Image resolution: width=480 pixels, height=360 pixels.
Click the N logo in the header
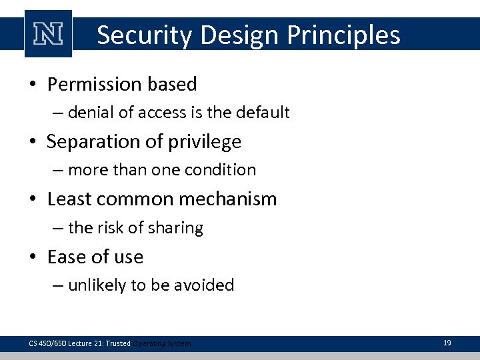[48, 34]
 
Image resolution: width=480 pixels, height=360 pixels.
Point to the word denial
[91, 113]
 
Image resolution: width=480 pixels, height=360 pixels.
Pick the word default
[263, 113]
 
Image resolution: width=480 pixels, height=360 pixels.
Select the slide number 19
[447, 343]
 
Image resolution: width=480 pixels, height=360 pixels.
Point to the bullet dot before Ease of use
[34, 257]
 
